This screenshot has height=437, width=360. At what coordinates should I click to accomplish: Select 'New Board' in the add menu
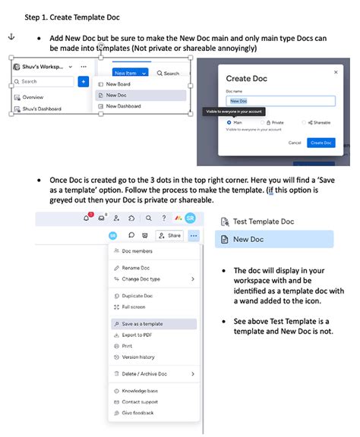click(118, 84)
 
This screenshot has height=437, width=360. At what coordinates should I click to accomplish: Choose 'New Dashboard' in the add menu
click(125, 106)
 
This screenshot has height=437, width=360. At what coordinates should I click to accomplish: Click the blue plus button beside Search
click(83, 81)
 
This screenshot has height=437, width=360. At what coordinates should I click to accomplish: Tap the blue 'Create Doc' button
click(321, 143)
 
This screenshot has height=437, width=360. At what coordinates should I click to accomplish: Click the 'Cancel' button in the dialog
click(295, 143)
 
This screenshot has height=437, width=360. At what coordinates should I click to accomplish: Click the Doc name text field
click(280, 101)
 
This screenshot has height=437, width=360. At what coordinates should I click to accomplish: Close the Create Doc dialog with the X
click(336, 72)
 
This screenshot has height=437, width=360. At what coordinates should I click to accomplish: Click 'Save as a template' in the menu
click(142, 324)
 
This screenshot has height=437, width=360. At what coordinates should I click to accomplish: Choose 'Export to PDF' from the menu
click(137, 335)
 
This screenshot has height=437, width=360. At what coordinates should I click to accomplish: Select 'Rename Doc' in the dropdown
click(136, 268)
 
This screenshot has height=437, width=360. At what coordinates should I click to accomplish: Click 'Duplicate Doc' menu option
click(137, 295)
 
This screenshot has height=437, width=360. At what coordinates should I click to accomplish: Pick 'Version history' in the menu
click(138, 357)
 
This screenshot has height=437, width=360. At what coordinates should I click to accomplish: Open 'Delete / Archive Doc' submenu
click(144, 374)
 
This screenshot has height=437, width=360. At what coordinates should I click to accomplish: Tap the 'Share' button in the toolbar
click(169, 236)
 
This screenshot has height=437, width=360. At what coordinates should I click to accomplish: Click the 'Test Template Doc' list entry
click(263, 221)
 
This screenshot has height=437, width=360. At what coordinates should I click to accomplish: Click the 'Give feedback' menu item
click(138, 413)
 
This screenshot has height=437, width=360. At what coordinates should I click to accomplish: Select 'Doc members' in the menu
click(137, 250)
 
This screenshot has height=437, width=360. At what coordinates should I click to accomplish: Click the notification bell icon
click(87, 218)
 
